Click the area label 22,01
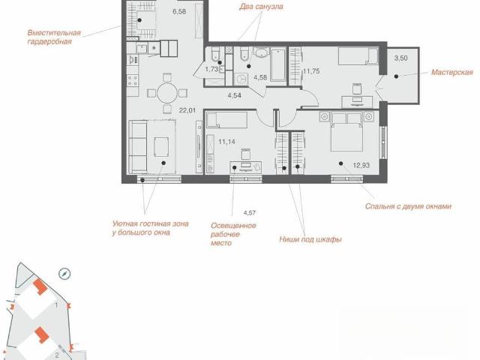tap(187, 110)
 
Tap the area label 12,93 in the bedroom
tap(361, 166)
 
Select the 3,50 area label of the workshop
tap(400, 58)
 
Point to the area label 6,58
tap(179, 12)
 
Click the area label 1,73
tap(211, 69)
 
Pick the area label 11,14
tap(226, 142)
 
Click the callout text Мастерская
tap(451, 73)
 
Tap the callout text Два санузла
tap(261, 7)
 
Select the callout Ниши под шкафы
tap(310, 239)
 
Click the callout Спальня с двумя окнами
tap(408, 206)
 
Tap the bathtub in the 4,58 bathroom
tap(278, 64)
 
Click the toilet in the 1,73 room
tap(215, 53)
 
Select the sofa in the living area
tap(138, 147)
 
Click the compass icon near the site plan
tap(64, 274)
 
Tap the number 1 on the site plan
tap(57, 305)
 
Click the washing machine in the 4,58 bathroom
tap(241, 78)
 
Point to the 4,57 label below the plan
tap(249, 213)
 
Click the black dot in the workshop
tap(396, 76)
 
